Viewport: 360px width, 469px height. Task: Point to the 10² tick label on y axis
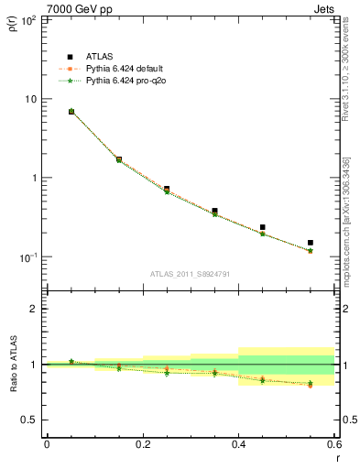pyautogui.click(x=28, y=19)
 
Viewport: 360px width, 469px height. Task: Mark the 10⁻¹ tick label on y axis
pyautogui.click(x=28, y=257)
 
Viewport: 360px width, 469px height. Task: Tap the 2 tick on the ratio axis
pyautogui.click(x=35, y=309)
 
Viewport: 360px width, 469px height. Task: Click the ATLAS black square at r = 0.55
pyautogui.click(x=311, y=243)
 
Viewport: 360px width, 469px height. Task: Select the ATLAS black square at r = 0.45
pyautogui.click(x=263, y=227)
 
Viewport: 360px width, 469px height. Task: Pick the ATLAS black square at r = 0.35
pyautogui.click(x=214, y=211)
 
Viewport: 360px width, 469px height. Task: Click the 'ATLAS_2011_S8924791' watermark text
pyautogui.click(x=189, y=274)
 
